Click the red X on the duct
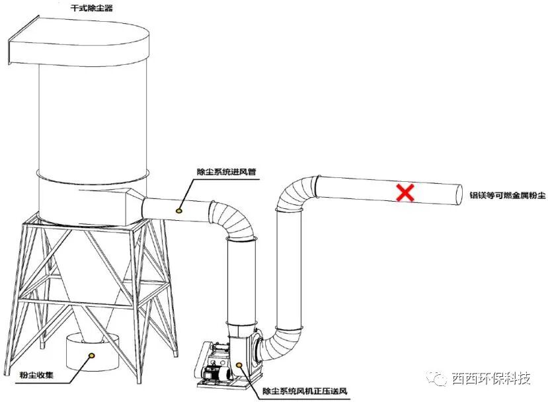(405, 192)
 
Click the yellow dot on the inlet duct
(178, 210)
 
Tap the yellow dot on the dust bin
(92, 355)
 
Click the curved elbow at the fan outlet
(270, 344)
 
